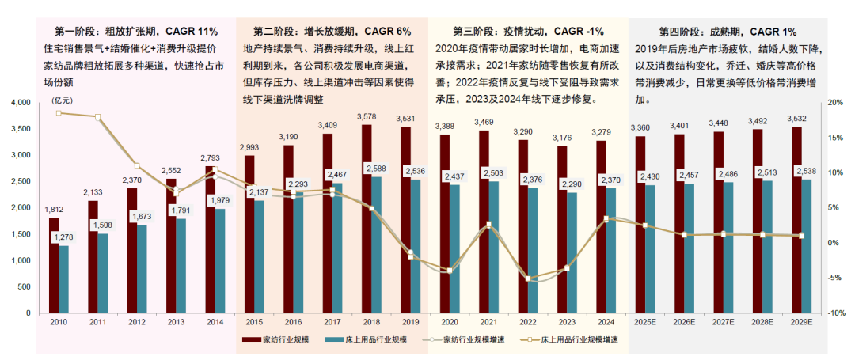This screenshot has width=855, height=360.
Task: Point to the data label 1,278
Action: [67, 237]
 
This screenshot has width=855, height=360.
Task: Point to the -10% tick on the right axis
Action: [834, 313]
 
